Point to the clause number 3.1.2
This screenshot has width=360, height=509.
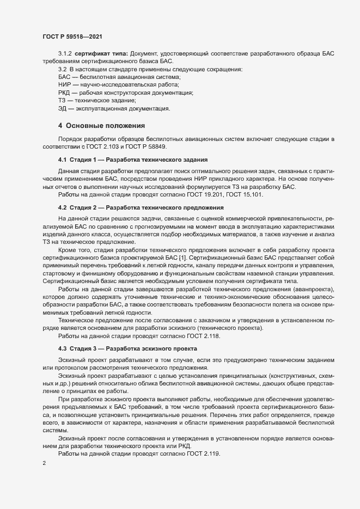65,53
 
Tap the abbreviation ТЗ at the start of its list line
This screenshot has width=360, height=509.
63,101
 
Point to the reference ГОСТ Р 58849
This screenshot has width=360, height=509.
148,148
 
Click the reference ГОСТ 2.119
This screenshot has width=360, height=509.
204,453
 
